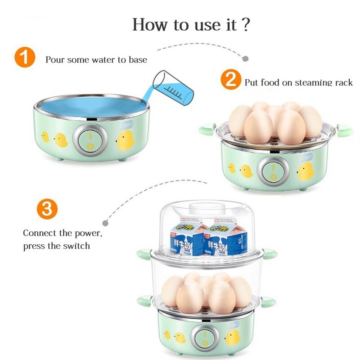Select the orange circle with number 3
47,209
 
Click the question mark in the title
245,24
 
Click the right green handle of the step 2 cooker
345,130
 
